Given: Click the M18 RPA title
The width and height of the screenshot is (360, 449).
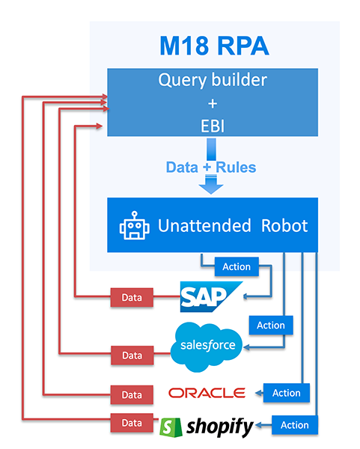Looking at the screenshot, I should click(x=214, y=46).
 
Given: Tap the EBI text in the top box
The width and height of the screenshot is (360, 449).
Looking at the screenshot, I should click(x=214, y=125).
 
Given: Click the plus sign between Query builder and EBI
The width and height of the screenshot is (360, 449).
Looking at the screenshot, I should click(x=214, y=103).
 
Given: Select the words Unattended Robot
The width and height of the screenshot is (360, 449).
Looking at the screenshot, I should click(x=231, y=225).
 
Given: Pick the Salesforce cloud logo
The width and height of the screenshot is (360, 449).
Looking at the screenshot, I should click(x=207, y=345).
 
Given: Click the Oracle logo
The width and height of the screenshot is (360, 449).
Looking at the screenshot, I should click(x=207, y=393).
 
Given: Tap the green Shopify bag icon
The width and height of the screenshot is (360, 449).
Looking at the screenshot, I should click(x=171, y=425).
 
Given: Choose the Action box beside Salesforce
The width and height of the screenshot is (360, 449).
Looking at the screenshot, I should click(x=270, y=325).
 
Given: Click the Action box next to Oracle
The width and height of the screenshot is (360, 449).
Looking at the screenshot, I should click(x=286, y=393).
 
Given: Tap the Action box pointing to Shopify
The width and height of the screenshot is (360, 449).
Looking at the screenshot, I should click(x=294, y=425).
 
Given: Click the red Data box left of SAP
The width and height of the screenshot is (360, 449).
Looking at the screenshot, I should click(x=132, y=297).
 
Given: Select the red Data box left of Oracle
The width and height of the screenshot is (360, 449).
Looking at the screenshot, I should click(x=132, y=394).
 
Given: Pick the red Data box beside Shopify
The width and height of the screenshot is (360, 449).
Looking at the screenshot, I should click(x=132, y=423).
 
